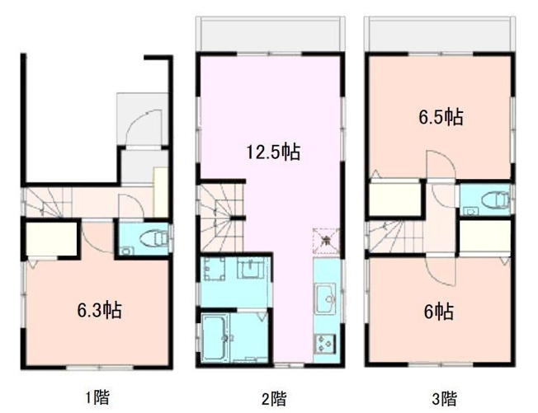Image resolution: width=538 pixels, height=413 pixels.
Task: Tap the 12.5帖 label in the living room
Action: tap(272, 152)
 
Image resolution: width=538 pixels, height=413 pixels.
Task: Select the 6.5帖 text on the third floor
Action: tap(438, 117)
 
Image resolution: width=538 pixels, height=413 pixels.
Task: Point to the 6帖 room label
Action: tap(438, 311)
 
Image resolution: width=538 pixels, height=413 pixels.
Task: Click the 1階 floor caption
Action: tap(97, 398)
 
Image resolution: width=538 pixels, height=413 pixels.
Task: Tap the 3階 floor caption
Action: tap(444, 399)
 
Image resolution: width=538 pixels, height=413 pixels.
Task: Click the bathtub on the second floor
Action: tap(218, 336)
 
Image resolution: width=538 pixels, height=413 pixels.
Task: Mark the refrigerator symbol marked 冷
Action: tap(325, 239)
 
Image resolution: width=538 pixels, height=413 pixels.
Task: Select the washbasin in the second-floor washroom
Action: tap(250, 270)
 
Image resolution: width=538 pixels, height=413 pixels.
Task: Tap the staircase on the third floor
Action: tap(395, 237)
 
